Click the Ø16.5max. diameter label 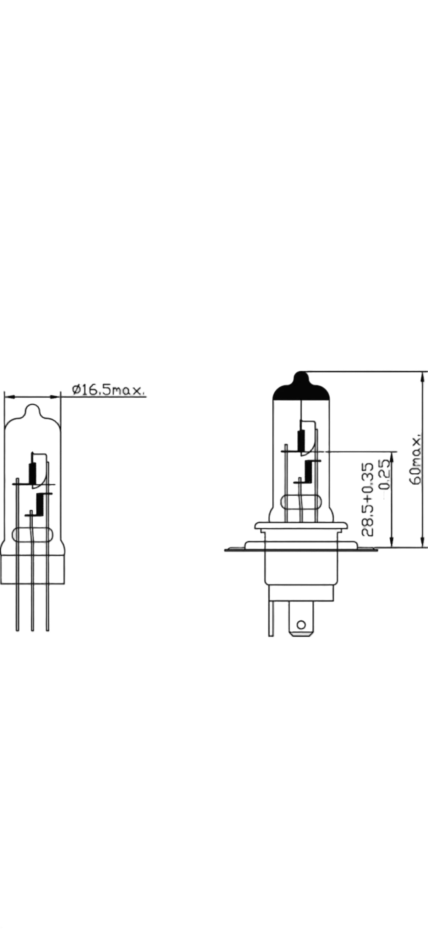pyautogui.click(x=109, y=391)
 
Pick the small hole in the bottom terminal pyautogui.click(x=301, y=625)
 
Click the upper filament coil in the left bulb pyautogui.click(x=33, y=474)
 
